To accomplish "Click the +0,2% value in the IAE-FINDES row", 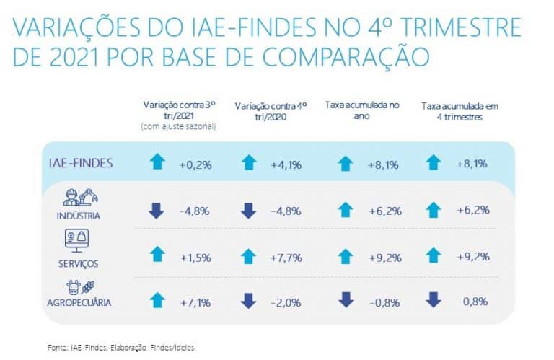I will [x=195, y=164].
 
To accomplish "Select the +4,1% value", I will [x=286, y=164].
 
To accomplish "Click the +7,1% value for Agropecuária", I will [x=195, y=302].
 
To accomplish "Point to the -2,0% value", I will [x=286, y=302].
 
